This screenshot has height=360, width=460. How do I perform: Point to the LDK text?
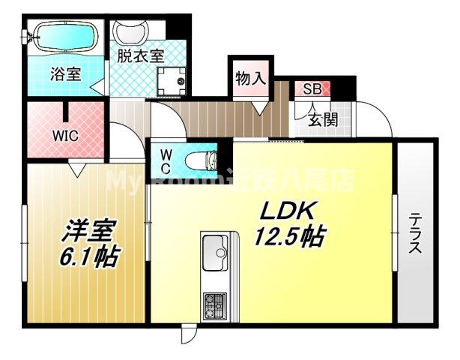pos(281,210)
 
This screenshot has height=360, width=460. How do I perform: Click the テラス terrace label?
pos(414,232)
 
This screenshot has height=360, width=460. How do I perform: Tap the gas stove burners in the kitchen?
pos(217,304)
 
